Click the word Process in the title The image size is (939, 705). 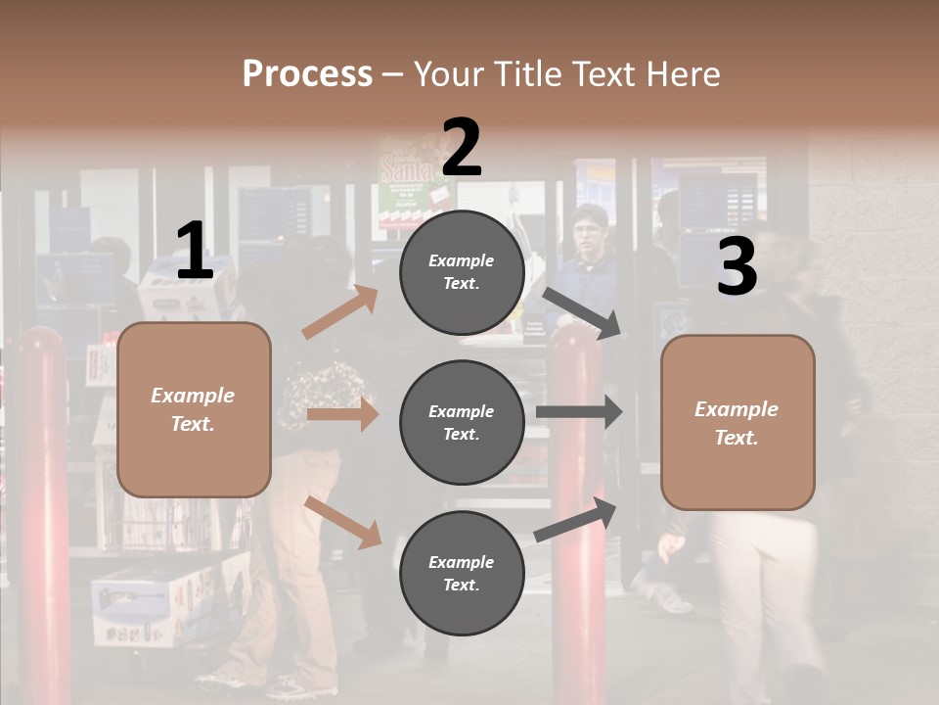tap(307, 74)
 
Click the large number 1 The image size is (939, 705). tap(195, 251)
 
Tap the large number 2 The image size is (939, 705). tap(462, 147)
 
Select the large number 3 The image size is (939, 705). tap(737, 267)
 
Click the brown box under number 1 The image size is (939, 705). tap(194, 409)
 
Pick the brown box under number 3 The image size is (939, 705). tap(738, 422)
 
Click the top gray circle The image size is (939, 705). tap(462, 272)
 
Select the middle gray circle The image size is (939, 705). tap(462, 422)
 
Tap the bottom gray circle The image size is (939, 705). tap(462, 573)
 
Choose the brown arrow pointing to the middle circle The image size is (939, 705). tap(342, 415)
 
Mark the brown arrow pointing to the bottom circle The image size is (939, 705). tap(342, 521)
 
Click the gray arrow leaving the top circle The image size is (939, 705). tap(583, 312)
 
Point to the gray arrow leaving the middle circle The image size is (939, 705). tap(579, 412)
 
